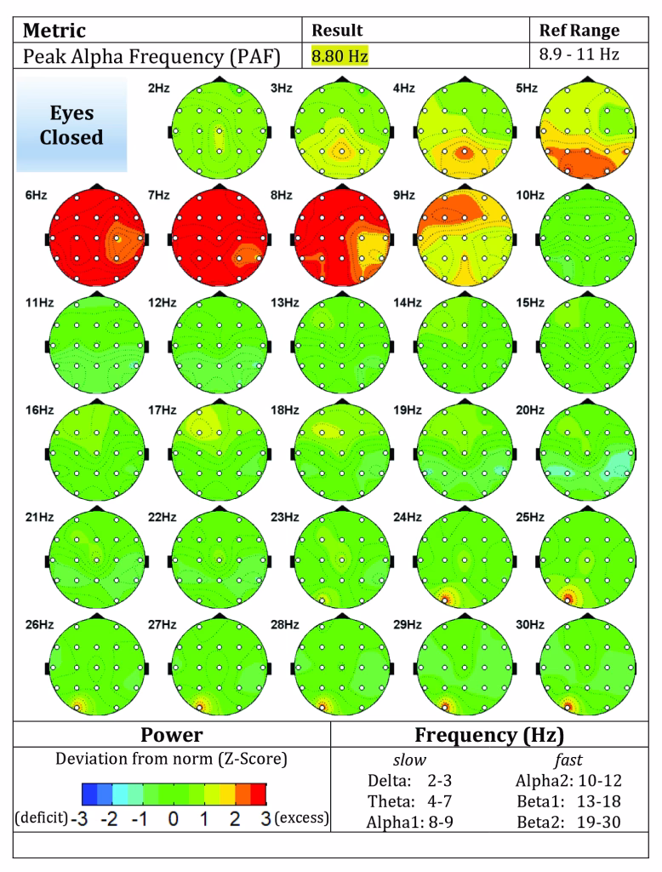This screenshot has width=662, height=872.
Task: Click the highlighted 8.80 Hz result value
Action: click(340, 56)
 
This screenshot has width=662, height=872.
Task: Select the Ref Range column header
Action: click(579, 30)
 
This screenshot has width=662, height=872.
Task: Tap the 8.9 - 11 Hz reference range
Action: click(579, 54)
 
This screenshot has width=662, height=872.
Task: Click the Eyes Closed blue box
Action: click(71, 124)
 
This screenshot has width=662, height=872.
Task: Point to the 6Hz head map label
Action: click(36, 195)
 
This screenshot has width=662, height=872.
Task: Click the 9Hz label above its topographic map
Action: click(404, 195)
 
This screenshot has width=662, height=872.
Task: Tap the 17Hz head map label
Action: click(162, 410)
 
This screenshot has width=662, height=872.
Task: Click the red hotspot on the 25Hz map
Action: click(568, 599)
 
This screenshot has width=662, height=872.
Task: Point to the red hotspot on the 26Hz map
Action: click(77, 708)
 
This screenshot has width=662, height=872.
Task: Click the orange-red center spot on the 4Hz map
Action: click(464, 152)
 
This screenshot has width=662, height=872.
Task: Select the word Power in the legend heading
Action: click(171, 735)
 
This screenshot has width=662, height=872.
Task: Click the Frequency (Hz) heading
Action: click(489, 735)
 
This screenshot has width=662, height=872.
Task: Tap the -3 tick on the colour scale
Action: click(79, 818)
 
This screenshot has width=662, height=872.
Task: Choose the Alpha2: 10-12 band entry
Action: click(568, 781)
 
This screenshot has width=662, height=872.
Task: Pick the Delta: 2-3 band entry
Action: click(409, 781)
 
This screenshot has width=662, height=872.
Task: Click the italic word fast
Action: click(568, 760)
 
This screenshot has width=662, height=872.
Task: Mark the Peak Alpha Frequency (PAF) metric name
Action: click(151, 57)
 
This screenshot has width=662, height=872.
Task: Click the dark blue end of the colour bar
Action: click(89, 795)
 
